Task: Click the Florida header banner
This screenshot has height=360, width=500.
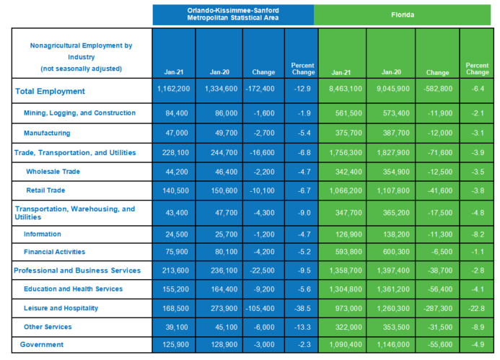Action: [403, 14]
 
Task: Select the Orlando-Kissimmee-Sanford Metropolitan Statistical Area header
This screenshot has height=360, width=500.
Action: [233, 14]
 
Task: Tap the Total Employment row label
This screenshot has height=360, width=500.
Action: [50, 91]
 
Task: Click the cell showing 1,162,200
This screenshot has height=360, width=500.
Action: [174, 89]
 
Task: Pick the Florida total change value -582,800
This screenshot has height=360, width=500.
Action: [438, 89]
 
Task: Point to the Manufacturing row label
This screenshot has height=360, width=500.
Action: [47, 133]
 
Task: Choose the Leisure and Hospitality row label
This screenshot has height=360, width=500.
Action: [61, 308]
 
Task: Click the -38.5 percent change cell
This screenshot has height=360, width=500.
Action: [302, 308]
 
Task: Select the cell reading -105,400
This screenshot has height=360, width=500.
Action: [260, 308]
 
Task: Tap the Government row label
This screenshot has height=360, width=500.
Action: [42, 344]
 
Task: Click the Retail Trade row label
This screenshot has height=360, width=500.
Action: [45, 190]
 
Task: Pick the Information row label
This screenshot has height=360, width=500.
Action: [43, 234]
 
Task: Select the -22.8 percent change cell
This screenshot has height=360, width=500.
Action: [478, 308]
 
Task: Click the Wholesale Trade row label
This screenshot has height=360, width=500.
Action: [53, 172]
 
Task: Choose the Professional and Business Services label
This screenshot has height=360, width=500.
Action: [77, 271]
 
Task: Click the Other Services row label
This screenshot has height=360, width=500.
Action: [48, 327]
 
